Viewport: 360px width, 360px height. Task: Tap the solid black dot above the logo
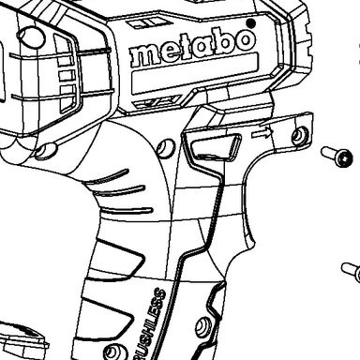point(250,23)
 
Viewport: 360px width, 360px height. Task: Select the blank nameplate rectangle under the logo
point(195,74)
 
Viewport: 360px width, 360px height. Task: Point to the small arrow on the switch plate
point(262,134)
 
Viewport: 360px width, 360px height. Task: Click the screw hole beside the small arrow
point(299,135)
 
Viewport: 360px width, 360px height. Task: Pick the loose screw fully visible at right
point(337,156)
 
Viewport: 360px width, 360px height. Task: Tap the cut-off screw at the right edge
point(351,272)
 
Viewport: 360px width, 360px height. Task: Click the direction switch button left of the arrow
point(217,147)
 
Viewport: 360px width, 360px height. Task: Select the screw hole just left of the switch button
point(165,148)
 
